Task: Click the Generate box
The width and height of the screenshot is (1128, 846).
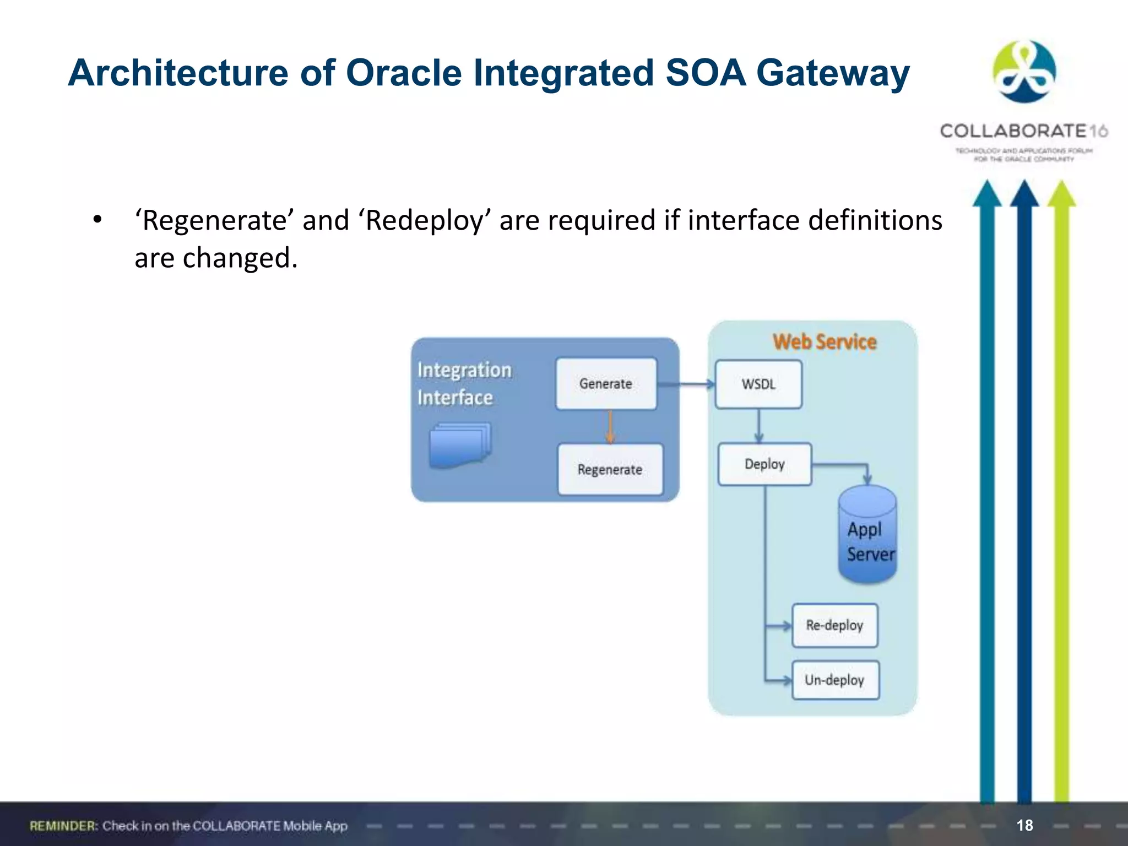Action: point(606,384)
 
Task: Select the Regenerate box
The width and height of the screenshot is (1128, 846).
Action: point(610,469)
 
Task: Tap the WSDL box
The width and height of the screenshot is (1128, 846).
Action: point(758,384)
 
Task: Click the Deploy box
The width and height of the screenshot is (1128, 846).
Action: point(764,464)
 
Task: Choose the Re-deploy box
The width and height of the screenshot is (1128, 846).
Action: point(834,625)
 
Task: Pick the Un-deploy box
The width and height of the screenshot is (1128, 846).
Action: point(835,680)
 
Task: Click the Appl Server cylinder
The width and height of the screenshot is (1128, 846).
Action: point(867,537)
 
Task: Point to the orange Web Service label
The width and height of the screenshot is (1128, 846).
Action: point(824,342)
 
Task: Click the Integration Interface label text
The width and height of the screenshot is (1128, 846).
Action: point(464,383)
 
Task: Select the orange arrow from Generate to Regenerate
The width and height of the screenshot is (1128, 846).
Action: point(610,426)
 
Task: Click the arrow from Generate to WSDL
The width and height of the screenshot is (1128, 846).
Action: point(686,384)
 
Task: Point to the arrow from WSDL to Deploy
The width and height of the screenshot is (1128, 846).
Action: point(759,425)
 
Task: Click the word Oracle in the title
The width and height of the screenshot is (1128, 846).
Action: point(403,73)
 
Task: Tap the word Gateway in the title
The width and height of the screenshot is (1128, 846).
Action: point(832,73)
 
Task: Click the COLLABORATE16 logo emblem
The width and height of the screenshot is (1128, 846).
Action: point(1024,72)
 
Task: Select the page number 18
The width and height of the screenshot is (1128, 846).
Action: point(1024,825)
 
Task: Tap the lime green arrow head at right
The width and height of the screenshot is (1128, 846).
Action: point(1061,194)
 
